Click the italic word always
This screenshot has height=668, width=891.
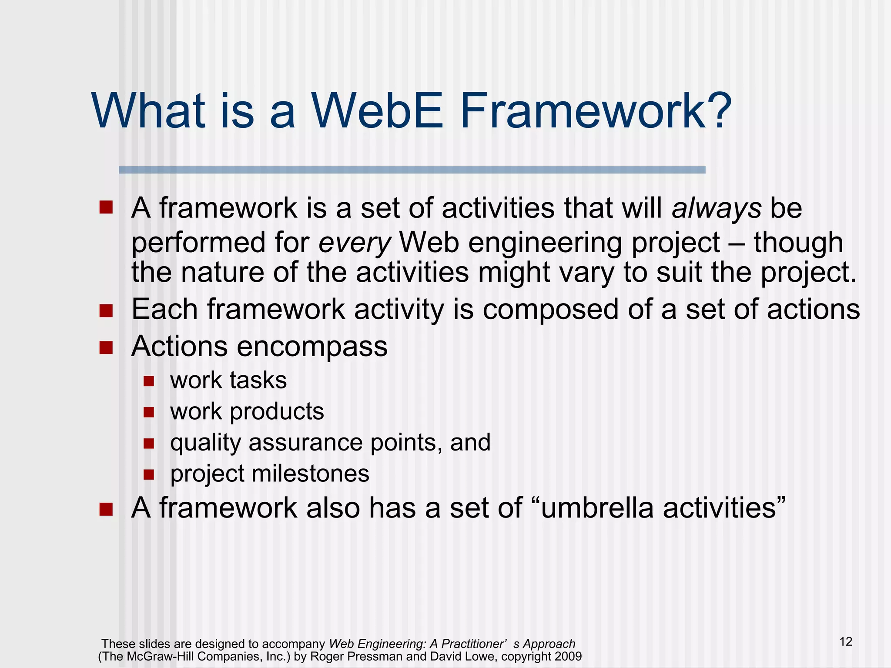pyautogui.click(x=717, y=208)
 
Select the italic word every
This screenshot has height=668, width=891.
pyautogui.click(x=355, y=243)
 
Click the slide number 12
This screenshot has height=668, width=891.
pyautogui.click(x=845, y=641)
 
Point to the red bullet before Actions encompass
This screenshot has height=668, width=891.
pyautogui.click(x=106, y=347)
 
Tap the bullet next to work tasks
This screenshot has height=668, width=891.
pyautogui.click(x=149, y=381)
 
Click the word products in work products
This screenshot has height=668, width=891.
pyautogui.click(x=277, y=411)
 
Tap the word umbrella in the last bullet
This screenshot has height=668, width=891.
pyautogui.click(x=597, y=508)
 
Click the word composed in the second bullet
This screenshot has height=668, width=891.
pyautogui.click(x=550, y=310)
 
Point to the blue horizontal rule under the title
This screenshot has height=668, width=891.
pyautogui.click(x=412, y=170)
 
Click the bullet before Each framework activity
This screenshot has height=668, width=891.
pyautogui.click(x=106, y=311)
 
